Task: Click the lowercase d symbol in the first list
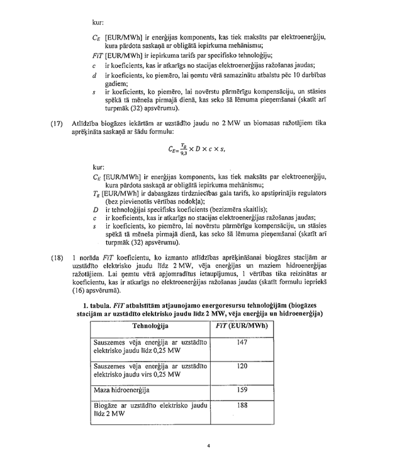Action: (x=94, y=76)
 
